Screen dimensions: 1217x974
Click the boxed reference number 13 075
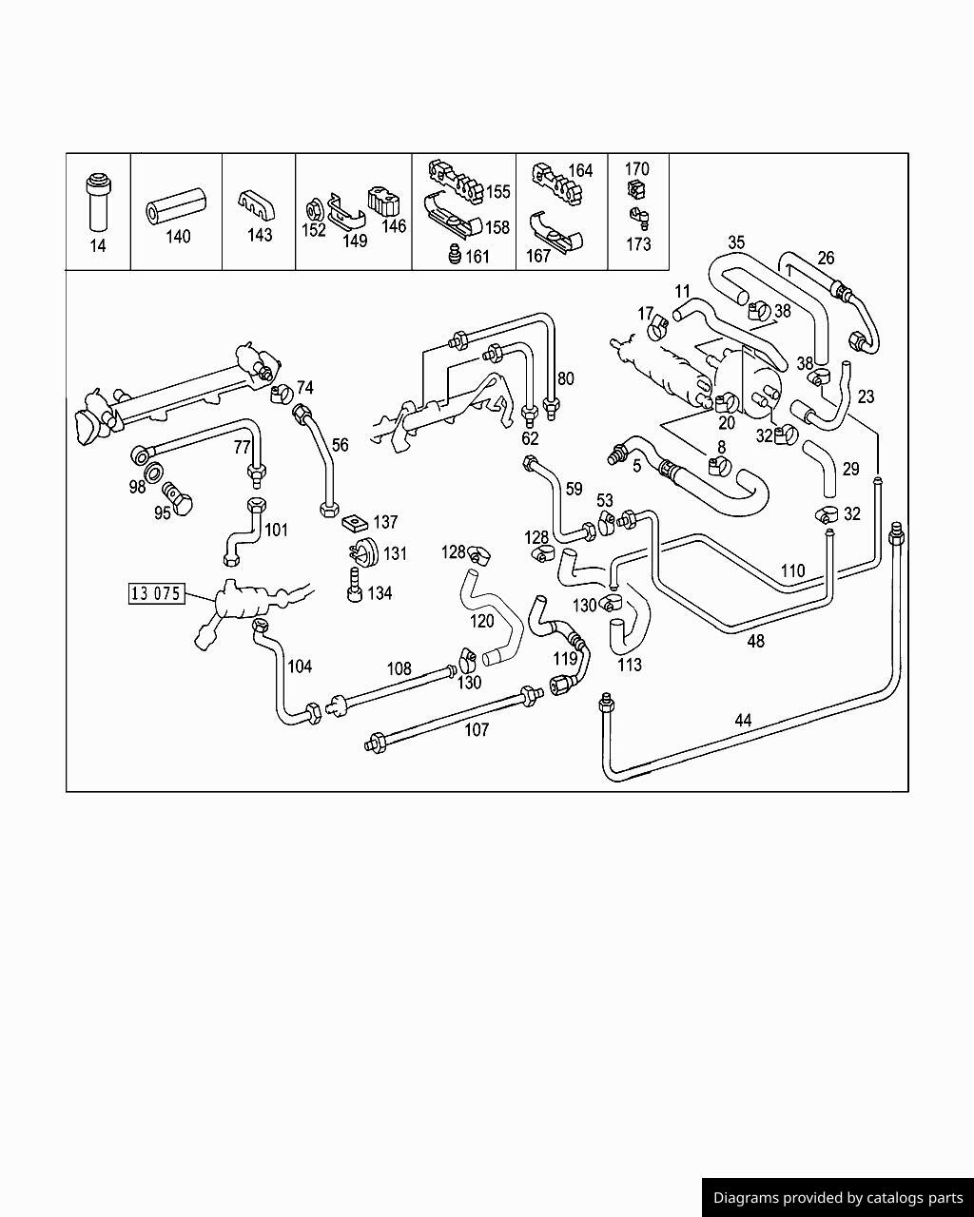pyautogui.click(x=156, y=594)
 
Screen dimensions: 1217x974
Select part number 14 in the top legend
pyautogui.click(x=98, y=246)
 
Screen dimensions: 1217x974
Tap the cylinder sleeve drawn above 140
pyautogui.click(x=176, y=208)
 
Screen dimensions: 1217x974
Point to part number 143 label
pyautogui.click(x=259, y=235)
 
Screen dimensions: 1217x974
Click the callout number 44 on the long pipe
pyautogui.click(x=743, y=721)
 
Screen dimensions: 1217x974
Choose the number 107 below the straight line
pyautogui.click(x=476, y=729)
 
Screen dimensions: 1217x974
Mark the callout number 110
pyautogui.click(x=791, y=570)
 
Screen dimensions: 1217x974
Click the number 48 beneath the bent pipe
pyautogui.click(x=755, y=641)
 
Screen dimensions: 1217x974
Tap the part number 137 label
pyautogui.click(x=385, y=522)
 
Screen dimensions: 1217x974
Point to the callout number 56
pyautogui.click(x=340, y=444)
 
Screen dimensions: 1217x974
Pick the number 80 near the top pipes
pyautogui.click(x=565, y=378)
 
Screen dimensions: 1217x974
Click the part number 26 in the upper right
pyautogui.click(x=826, y=258)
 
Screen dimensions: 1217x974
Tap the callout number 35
pyautogui.click(x=736, y=242)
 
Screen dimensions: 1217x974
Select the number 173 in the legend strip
pyautogui.click(x=638, y=244)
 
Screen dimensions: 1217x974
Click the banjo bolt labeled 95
pyautogui.click(x=178, y=494)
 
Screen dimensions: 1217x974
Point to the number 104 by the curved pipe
pyautogui.click(x=300, y=666)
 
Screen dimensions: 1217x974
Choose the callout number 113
pyautogui.click(x=630, y=665)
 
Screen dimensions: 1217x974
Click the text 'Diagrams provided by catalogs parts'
pyautogui.click(x=838, y=1198)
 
